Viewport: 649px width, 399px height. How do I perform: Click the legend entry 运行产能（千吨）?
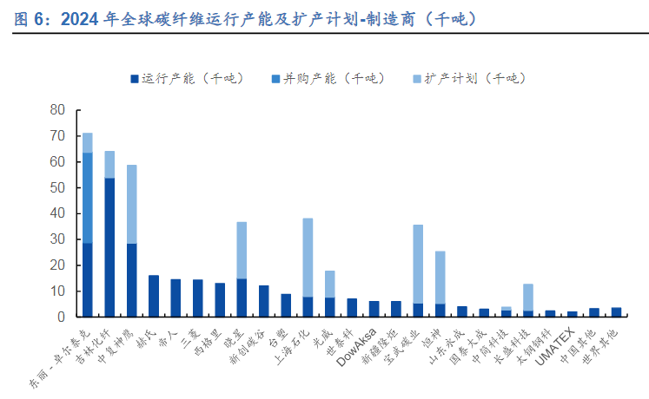click(x=187, y=78)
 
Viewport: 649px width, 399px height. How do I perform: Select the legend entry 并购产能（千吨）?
click(x=328, y=78)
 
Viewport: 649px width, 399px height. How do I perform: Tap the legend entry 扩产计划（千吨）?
click(x=470, y=78)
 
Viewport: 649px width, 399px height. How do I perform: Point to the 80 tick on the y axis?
click(x=57, y=110)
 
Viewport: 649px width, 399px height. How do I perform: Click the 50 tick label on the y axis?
click(x=57, y=187)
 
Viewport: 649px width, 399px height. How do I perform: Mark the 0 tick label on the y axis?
click(x=62, y=317)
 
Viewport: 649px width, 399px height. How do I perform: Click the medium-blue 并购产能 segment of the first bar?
click(x=88, y=198)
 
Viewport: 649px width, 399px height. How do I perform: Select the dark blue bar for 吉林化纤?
click(x=109, y=247)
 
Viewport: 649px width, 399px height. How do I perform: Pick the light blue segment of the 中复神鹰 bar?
click(x=131, y=205)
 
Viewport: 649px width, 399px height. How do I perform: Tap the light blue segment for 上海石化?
click(x=308, y=258)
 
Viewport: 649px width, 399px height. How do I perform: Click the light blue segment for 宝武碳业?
click(x=418, y=265)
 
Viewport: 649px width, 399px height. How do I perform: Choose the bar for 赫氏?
click(x=154, y=296)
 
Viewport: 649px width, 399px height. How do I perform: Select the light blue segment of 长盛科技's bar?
click(x=528, y=298)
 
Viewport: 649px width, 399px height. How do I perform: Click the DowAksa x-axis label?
click(x=357, y=347)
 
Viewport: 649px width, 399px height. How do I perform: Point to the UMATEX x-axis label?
click(x=555, y=346)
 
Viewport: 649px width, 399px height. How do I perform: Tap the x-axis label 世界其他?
click(x=600, y=347)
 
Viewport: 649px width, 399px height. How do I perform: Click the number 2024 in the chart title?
click(x=79, y=19)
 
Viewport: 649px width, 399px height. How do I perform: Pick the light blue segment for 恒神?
click(x=440, y=278)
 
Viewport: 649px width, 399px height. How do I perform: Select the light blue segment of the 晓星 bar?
click(x=242, y=251)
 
